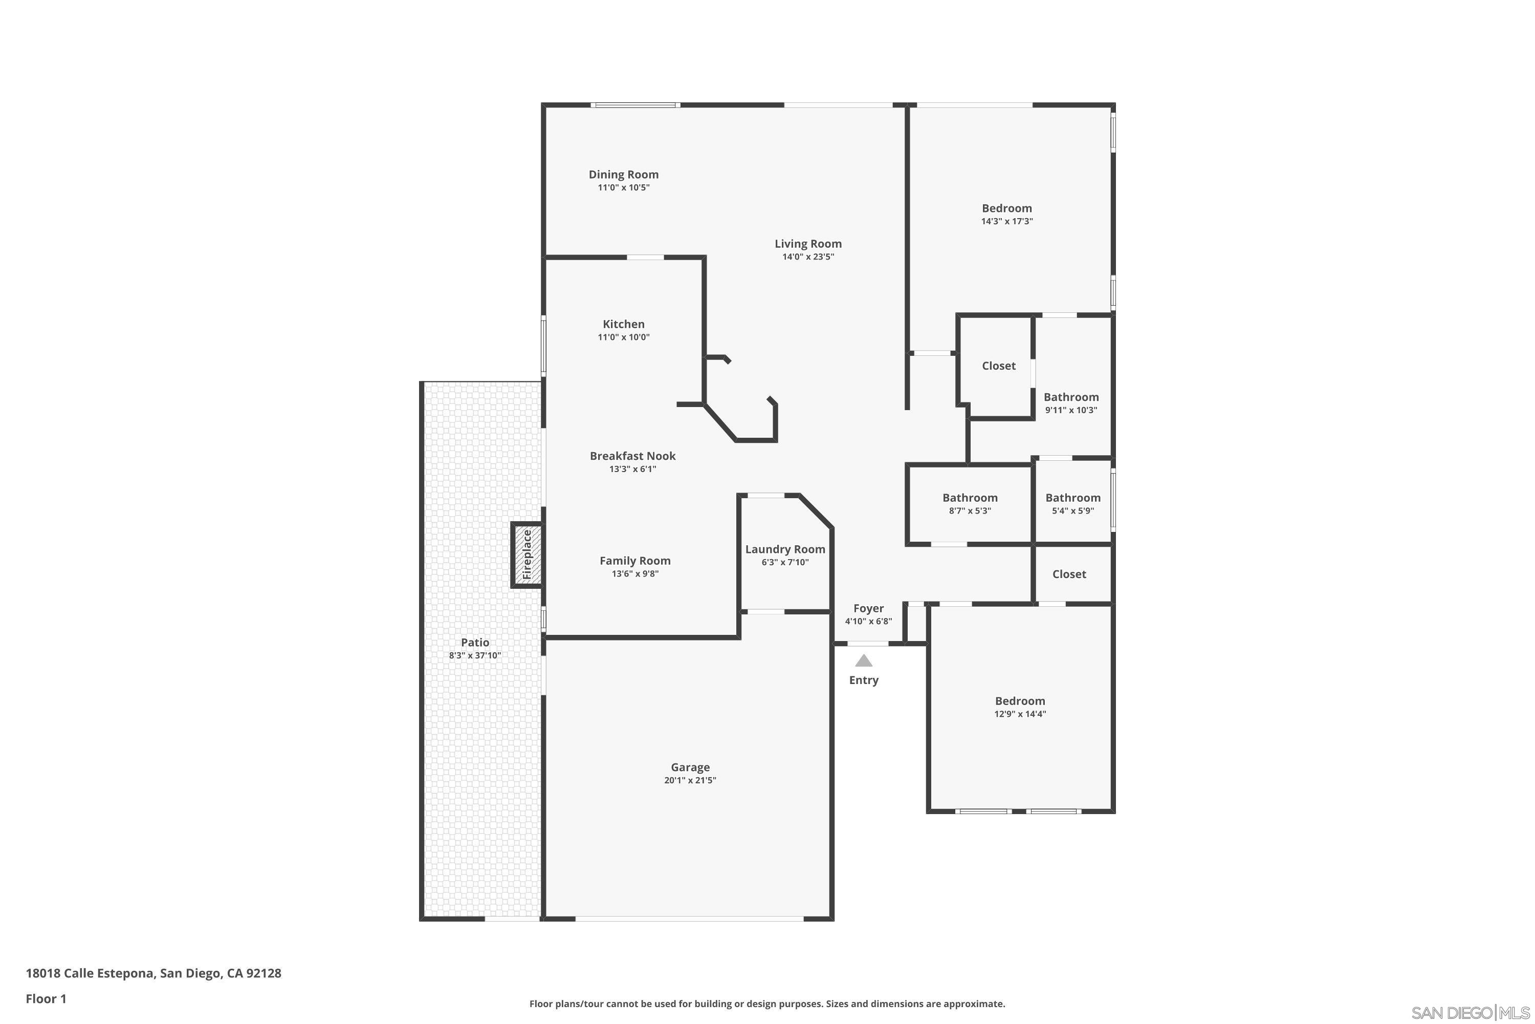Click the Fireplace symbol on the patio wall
click(527, 555)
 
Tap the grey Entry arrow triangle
click(864, 661)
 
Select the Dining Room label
click(623, 175)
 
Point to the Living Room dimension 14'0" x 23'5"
click(808, 257)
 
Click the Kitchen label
click(623, 324)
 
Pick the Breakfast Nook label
click(632, 456)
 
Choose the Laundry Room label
click(785, 549)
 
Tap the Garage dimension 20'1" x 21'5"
click(690, 780)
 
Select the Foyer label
click(868, 608)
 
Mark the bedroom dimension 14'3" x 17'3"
click(1006, 221)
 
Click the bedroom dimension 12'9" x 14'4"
click(1019, 714)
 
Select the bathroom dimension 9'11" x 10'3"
click(1071, 410)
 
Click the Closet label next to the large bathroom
click(999, 366)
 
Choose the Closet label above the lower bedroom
click(1068, 574)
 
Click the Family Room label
click(635, 560)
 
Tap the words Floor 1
click(46, 998)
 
